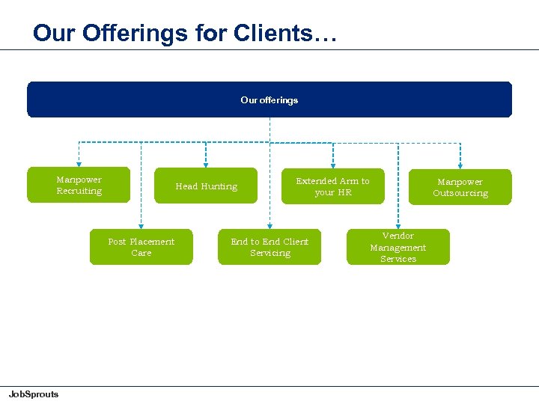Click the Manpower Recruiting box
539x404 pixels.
(x=79, y=185)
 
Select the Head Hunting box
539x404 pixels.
(x=206, y=186)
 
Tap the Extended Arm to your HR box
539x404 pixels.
(x=332, y=186)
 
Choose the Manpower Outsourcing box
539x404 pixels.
(x=460, y=187)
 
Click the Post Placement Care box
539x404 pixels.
(x=141, y=247)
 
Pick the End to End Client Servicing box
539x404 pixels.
(x=269, y=247)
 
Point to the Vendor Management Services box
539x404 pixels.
(x=398, y=247)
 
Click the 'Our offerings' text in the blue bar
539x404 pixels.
(x=269, y=100)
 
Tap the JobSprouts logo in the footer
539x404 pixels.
(x=33, y=394)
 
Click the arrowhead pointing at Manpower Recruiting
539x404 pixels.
(x=79, y=163)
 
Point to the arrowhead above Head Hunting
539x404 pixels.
(x=206, y=163)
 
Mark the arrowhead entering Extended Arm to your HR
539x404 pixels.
(x=333, y=163)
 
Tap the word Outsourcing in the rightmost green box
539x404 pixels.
(x=460, y=193)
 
